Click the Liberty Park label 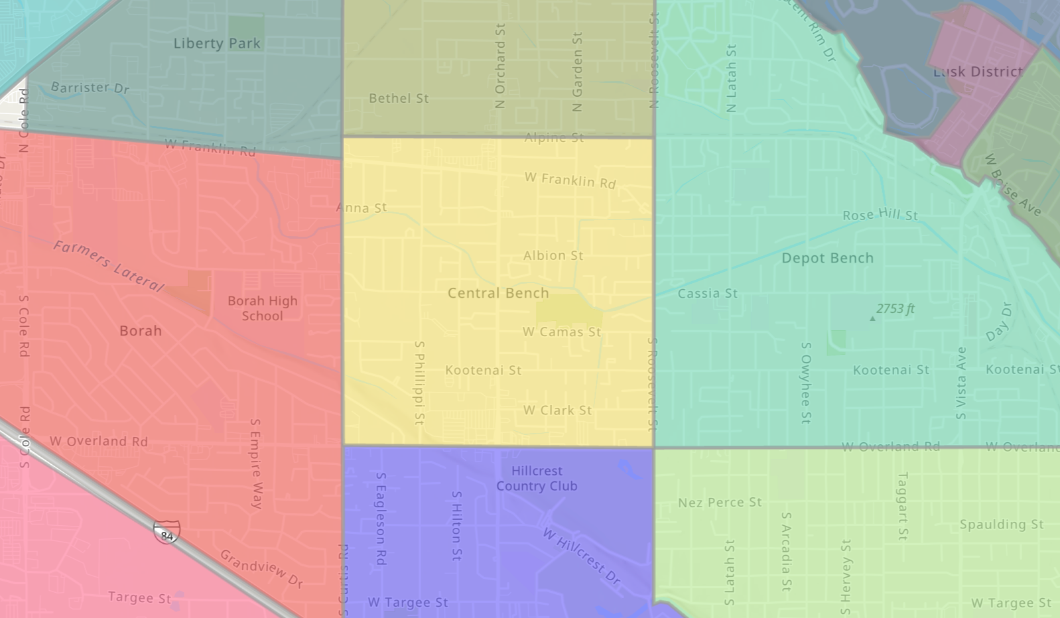(x=217, y=44)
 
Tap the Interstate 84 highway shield (x=166, y=532)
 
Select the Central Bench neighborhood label (x=498, y=293)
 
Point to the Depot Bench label (x=827, y=258)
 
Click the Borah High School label (x=263, y=308)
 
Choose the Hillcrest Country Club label (x=537, y=478)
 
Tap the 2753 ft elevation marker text (x=895, y=309)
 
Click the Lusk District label (x=978, y=72)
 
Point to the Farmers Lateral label (x=108, y=266)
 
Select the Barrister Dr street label (x=90, y=88)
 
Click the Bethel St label (x=399, y=98)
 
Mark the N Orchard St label (x=500, y=66)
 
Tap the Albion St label (x=553, y=255)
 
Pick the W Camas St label (x=562, y=332)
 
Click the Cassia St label (x=707, y=293)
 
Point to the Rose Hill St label (x=880, y=215)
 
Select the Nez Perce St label (x=720, y=503)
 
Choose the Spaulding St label (x=1002, y=525)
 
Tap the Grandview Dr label (x=261, y=568)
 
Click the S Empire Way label (x=256, y=463)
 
